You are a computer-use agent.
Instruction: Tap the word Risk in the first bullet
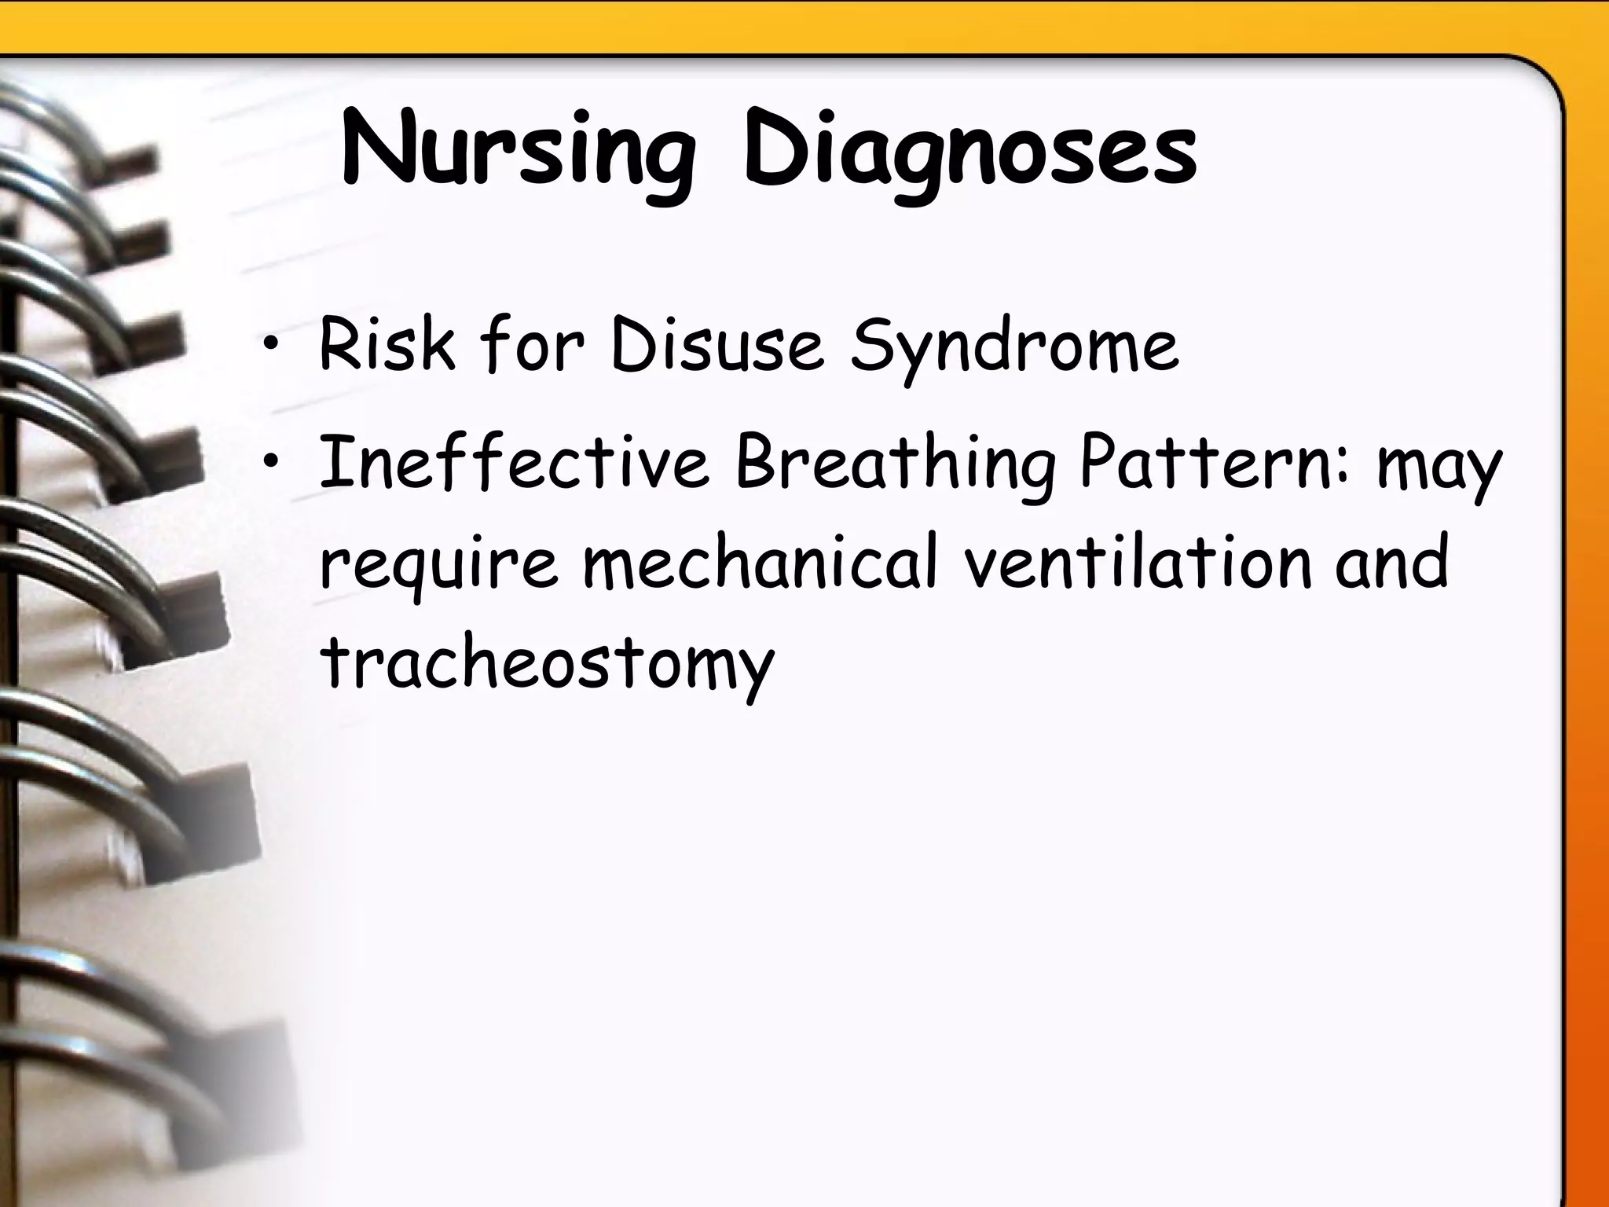tap(387, 345)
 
